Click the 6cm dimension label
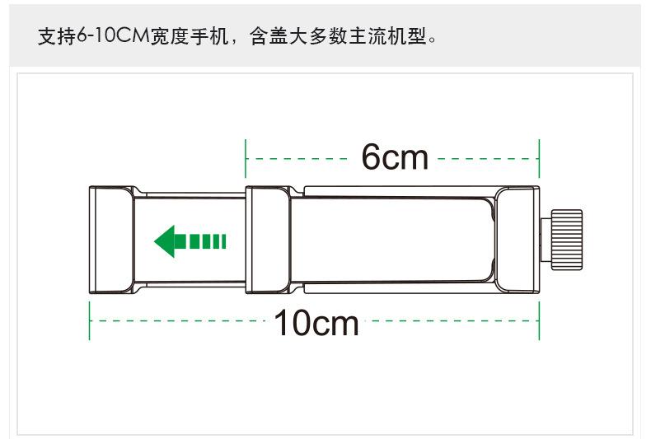[x=395, y=157]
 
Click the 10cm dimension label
[x=316, y=323]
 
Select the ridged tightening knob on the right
[x=566, y=240]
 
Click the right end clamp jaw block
[x=517, y=240]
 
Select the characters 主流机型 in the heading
[x=391, y=37]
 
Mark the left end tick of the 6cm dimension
[x=246, y=157]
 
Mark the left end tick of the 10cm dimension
[x=89, y=320]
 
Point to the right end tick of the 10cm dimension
[x=539, y=320]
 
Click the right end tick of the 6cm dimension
[x=539, y=157]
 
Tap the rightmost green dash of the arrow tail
[x=221, y=241]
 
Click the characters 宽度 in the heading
[x=168, y=37]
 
